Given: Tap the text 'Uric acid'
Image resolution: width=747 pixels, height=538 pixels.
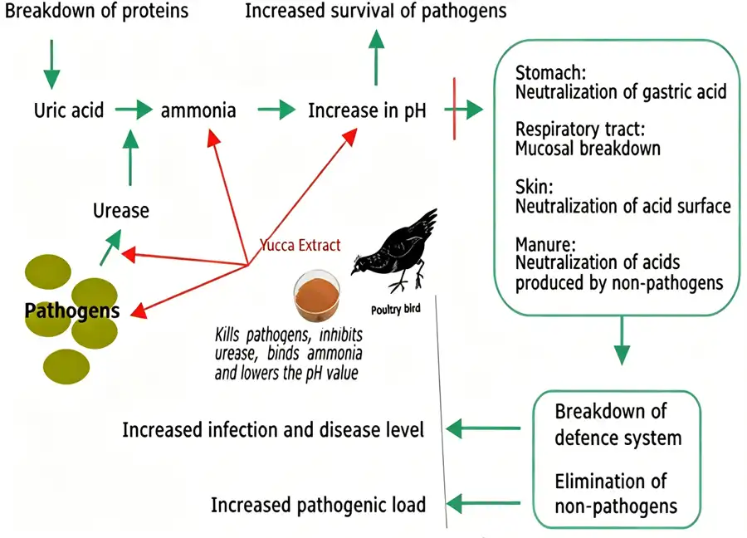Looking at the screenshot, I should pos(69,110).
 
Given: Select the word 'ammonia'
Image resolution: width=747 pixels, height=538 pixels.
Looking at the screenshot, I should pos(198,110).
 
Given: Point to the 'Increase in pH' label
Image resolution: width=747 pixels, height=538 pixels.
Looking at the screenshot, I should pos(367,110).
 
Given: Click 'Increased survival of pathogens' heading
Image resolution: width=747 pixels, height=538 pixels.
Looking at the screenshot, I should pos(375,12).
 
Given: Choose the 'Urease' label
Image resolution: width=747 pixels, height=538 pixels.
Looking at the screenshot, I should pos(121,210).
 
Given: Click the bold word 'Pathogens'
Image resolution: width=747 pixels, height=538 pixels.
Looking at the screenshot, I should pos(72,311).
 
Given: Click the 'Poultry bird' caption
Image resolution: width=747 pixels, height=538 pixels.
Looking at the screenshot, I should pos(403,308).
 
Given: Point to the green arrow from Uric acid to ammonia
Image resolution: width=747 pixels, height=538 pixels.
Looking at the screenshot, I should pos(134,110).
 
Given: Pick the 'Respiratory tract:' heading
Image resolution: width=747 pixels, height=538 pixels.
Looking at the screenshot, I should pos(579,130).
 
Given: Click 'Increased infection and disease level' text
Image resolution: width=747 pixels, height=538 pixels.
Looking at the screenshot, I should pos(273,429).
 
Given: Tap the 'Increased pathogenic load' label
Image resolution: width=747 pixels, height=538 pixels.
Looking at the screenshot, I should pos(318,504).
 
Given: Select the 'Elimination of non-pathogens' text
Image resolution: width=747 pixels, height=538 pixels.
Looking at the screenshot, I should pos(615,493).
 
